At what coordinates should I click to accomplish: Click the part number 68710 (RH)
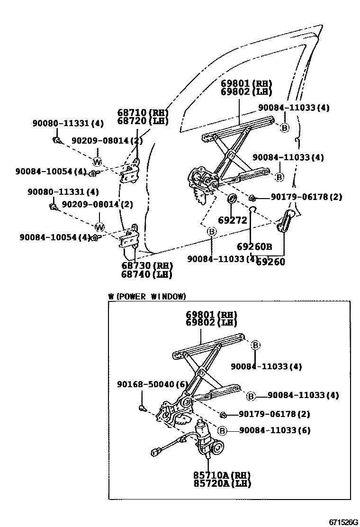click(x=143, y=112)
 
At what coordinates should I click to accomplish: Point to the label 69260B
click(x=254, y=246)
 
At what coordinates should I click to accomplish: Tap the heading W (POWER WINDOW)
click(x=147, y=297)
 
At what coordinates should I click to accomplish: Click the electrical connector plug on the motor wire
click(x=155, y=453)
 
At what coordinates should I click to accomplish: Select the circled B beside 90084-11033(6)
click(x=222, y=430)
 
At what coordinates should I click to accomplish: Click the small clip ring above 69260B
click(x=254, y=209)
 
